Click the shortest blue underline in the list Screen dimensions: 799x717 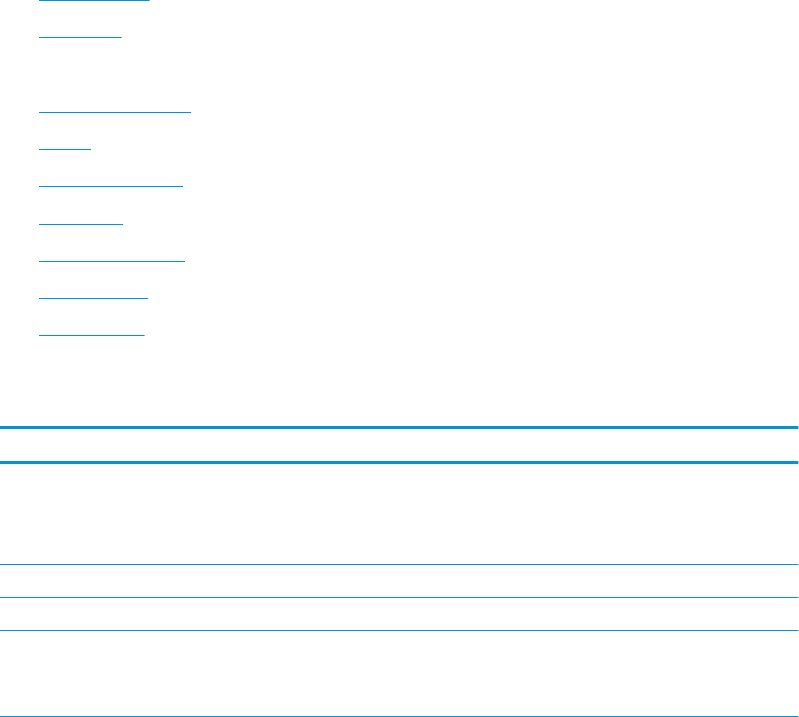(65, 149)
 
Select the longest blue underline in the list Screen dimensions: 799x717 (115, 112)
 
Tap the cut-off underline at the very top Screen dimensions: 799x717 (95, 1)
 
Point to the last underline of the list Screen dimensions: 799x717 (91, 335)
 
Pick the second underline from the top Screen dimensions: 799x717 (80, 37)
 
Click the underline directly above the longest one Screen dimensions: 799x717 (91, 75)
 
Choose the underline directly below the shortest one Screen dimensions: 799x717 (111, 186)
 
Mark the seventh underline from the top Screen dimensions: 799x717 (82, 224)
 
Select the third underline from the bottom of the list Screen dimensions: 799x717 (112, 261)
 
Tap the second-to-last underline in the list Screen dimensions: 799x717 (94, 298)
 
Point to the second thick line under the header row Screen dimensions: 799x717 (399, 462)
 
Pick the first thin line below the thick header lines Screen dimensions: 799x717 (399, 532)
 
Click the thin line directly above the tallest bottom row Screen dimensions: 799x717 (399, 631)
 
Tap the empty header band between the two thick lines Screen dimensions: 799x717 (399, 445)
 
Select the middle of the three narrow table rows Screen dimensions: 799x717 (399, 581)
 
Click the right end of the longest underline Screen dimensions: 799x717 (190, 112)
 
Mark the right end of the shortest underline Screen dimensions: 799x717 (90, 149)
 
